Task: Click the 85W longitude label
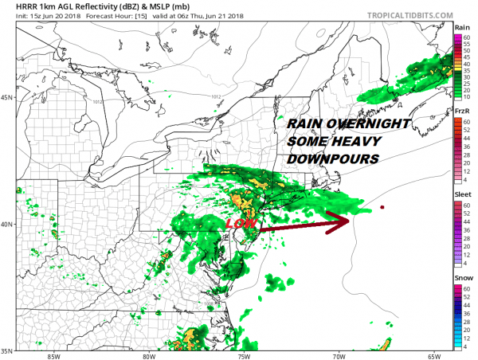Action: coord(53,356)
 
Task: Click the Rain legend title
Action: coord(462,28)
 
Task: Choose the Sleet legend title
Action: coord(462,194)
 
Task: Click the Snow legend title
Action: coord(462,277)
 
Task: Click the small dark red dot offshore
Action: coord(382,208)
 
